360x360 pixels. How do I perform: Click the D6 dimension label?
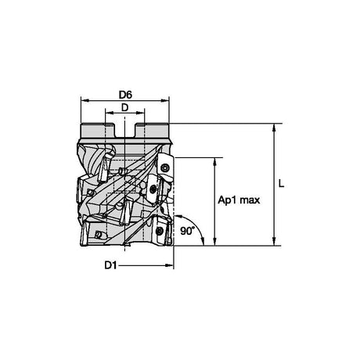pyautogui.click(x=125, y=95)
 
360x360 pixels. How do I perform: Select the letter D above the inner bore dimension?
pyautogui.click(x=125, y=107)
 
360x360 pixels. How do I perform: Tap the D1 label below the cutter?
pyautogui.click(x=110, y=265)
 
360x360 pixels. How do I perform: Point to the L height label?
pyautogui.click(x=281, y=184)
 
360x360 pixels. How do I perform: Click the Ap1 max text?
pyautogui.click(x=239, y=200)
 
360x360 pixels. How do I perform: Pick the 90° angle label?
pyautogui.click(x=188, y=231)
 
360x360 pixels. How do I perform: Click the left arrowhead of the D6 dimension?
pyautogui.click(x=85, y=100)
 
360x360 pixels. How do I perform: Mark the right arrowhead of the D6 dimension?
pyautogui.click(x=165, y=100)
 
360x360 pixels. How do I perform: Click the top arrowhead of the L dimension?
pyautogui.click(x=274, y=127)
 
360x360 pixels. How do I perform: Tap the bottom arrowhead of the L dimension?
pyautogui.click(x=274, y=242)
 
